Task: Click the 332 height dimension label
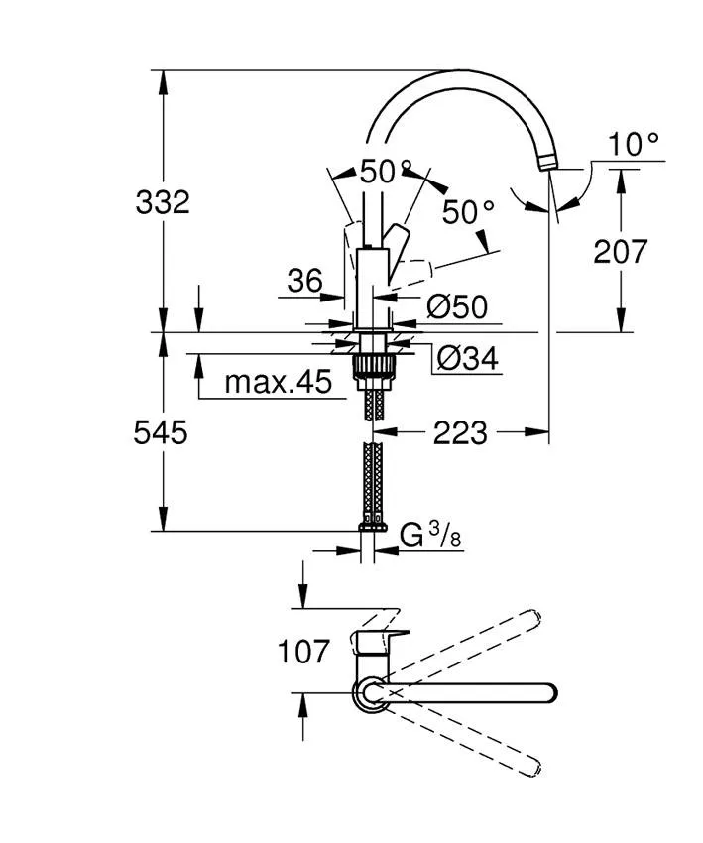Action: tap(162, 202)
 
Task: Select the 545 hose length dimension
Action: tap(161, 432)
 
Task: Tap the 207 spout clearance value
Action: tap(620, 251)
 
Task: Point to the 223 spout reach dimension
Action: tap(459, 432)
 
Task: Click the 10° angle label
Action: tap(633, 145)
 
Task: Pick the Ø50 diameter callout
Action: tap(457, 306)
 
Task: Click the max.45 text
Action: tap(278, 382)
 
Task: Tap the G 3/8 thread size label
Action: tap(430, 536)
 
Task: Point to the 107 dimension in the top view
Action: tap(303, 652)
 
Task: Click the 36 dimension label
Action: tap(304, 282)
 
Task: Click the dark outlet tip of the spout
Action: tap(549, 161)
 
